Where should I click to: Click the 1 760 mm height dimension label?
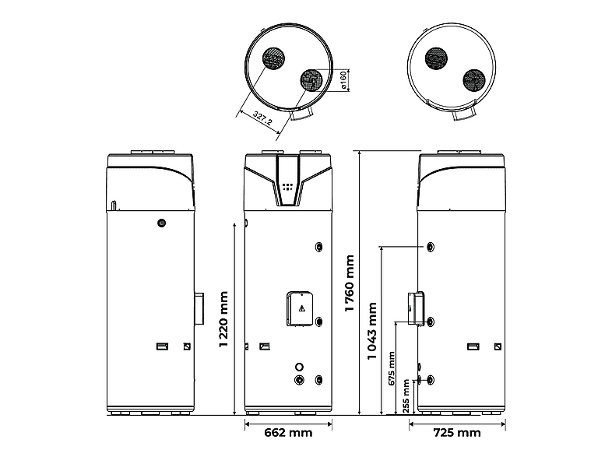(x=350, y=283)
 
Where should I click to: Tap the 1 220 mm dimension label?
(x=223, y=319)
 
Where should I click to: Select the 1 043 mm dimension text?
(x=372, y=331)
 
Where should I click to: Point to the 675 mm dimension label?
(x=392, y=368)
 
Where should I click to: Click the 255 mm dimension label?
(x=406, y=396)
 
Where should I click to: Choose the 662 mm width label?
(x=288, y=432)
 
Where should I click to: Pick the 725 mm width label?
(x=457, y=432)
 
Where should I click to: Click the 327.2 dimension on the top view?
(x=262, y=118)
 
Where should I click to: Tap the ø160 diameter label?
(x=343, y=80)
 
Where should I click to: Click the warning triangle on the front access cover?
(x=301, y=309)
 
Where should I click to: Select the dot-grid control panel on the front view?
(x=287, y=187)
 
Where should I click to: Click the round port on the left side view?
(x=161, y=223)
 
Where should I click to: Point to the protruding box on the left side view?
(x=199, y=309)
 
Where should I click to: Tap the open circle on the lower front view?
(x=299, y=367)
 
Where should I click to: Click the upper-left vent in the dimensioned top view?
(x=273, y=59)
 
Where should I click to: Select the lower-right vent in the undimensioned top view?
(x=474, y=81)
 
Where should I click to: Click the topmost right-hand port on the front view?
(x=319, y=247)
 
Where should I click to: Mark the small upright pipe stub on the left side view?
(x=113, y=206)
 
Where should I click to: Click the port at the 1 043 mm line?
(x=430, y=247)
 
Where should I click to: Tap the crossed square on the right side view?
(x=498, y=346)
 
